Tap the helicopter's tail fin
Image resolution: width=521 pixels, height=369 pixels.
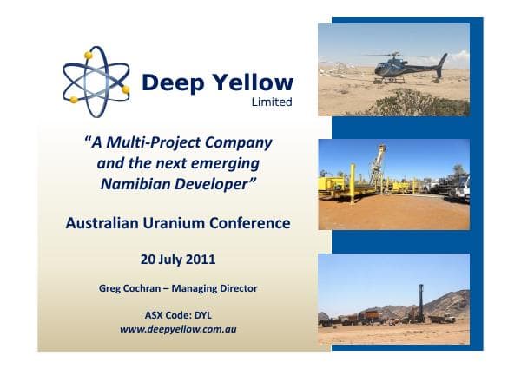(442, 63)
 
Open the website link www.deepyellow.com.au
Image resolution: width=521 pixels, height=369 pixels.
(178, 329)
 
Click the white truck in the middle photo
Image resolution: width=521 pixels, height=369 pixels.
(459, 187)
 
